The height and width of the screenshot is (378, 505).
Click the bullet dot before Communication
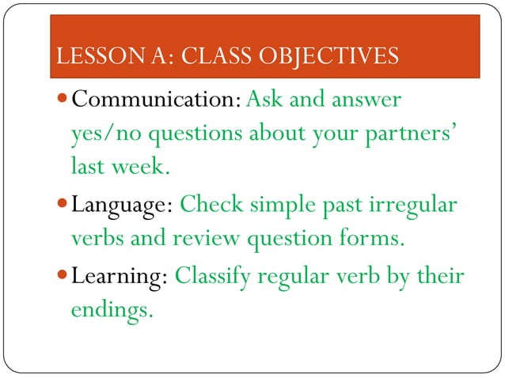[63, 101]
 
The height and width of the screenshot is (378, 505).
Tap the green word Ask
[263, 101]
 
